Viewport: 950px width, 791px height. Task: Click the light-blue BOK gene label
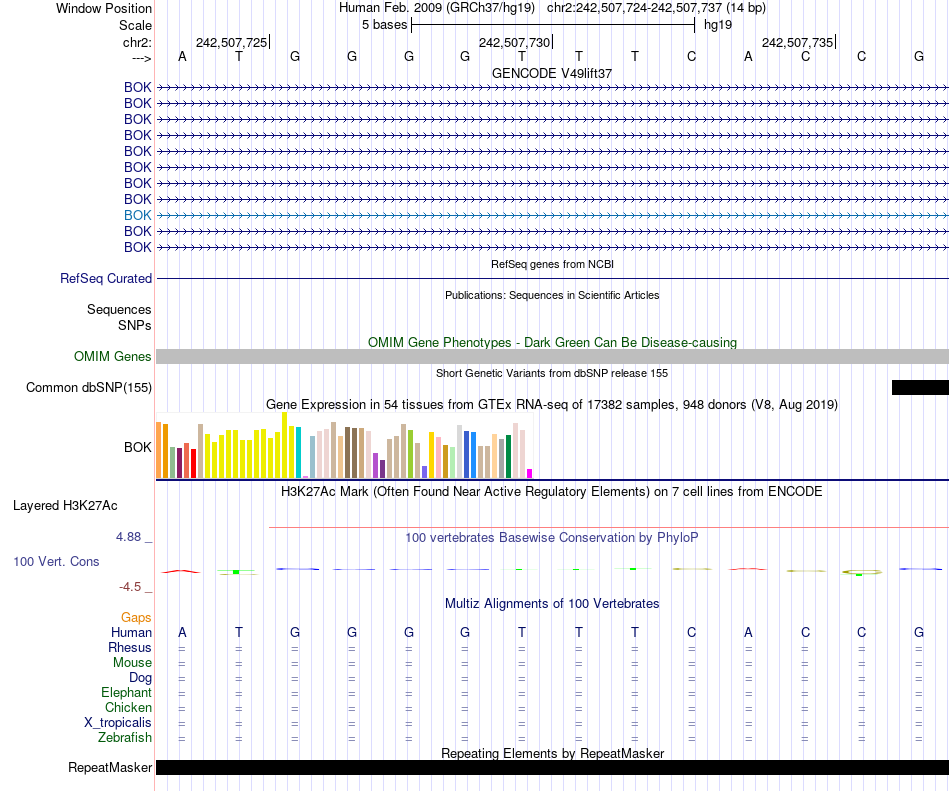point(138,215)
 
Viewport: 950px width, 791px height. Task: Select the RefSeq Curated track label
point(106,279)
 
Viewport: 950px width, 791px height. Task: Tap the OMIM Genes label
point(113,357)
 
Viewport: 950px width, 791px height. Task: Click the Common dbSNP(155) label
point(89,388)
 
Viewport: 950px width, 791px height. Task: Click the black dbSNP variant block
point(920,388)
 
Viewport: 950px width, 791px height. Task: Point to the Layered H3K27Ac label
point(65,505)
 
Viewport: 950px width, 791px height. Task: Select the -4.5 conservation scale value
point(131,587)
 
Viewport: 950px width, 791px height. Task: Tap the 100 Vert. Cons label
point(56,562)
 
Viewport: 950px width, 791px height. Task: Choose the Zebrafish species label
point(125,738)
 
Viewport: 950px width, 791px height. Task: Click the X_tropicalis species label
point(118,723)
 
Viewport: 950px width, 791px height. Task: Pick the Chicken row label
point(128,708)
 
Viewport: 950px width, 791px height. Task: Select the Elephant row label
point(126,693)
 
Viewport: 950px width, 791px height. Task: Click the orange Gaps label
point(136,618)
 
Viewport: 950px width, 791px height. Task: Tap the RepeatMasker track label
point(110,768)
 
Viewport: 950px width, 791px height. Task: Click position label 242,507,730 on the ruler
point(514,42)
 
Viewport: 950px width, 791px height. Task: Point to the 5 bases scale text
point(384,24)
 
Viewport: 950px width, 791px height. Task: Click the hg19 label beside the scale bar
point(717,24)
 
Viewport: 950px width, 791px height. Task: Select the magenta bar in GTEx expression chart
point(530,473)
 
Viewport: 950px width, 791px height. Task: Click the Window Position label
point(104,8)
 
